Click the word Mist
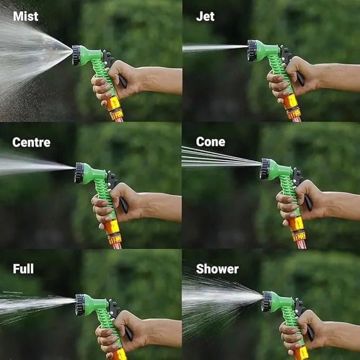[25, 16]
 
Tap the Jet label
[205, 16]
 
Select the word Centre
[31, 142]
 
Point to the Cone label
[210, 142]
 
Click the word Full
[23, 269]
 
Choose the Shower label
[217, 269]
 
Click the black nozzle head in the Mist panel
[76, 55]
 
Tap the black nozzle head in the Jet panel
[252, 50]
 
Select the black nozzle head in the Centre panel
[79, 173]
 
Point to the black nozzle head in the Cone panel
[265, 169]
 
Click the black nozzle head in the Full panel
[80, 304]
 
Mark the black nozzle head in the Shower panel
[267, 301]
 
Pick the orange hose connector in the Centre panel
[113, 233]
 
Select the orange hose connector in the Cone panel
[298, 230]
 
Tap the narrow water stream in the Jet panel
[215, 48]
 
